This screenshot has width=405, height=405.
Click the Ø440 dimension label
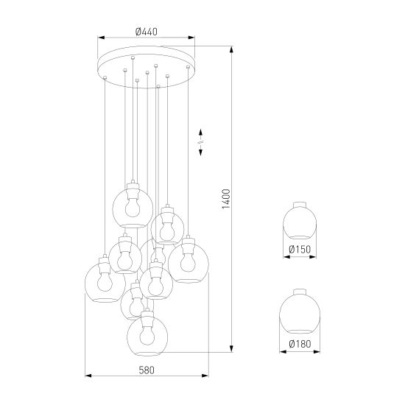click(147, 32)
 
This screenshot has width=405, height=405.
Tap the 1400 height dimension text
click(226, 199)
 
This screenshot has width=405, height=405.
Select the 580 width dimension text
click(147, 370)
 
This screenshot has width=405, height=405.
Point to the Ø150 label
click(300, 249)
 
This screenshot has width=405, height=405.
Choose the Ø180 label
click(300, 344)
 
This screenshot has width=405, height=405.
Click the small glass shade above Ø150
click(300, 220)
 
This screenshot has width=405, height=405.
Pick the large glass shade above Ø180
click(300, 311)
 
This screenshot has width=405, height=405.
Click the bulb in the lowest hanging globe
click(147, 335)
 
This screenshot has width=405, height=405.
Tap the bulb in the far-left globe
click(105, 281)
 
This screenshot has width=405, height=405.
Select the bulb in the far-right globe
click(188, 262)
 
